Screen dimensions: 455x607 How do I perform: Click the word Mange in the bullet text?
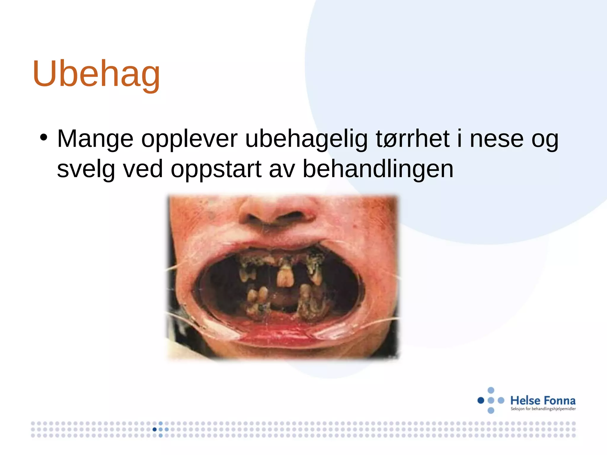tap(95, 139)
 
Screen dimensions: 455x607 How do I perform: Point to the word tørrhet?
tap(413, 139)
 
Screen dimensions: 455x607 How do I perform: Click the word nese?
tap(496, 139)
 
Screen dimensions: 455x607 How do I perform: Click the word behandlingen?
tap(378, 169)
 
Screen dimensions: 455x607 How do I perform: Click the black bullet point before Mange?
tap(44, 137)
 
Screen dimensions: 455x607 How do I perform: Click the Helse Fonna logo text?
tap(543, 400)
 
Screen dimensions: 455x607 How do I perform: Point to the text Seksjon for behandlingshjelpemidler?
tap(543, 409)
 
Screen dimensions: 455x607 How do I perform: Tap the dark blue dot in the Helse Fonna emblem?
tap(481, 400)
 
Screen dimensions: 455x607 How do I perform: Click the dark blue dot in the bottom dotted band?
tap(154, 429)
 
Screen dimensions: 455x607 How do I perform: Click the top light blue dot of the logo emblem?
tap(491, 390)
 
